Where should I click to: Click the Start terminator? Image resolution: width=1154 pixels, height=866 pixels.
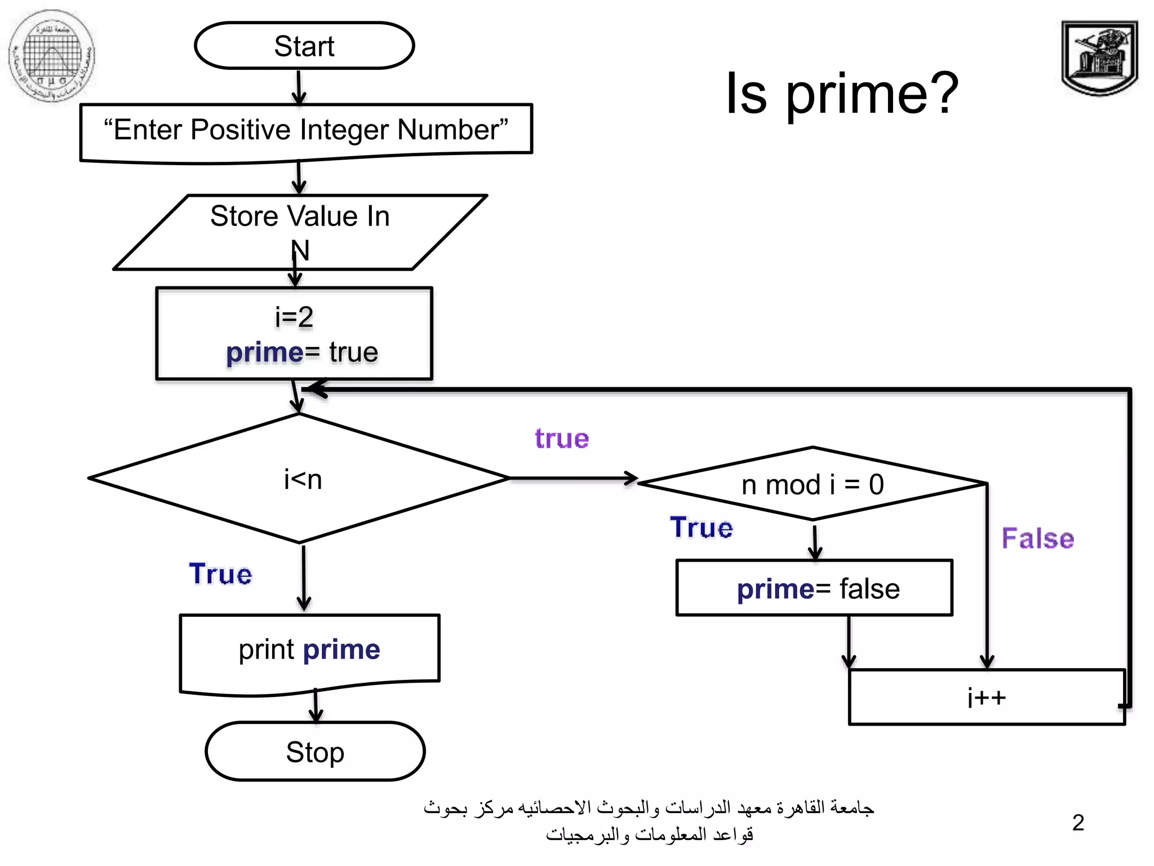tap(304, 46)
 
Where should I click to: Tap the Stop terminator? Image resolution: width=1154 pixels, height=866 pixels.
tap(315, 752)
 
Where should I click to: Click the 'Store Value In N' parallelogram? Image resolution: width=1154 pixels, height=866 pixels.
tap(300, 231)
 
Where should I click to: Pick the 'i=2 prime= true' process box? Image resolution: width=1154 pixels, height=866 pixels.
tap(294, 333)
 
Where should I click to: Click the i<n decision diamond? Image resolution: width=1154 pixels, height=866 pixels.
tap(299, 479)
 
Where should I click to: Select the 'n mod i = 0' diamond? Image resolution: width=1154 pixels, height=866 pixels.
tap(812, 484)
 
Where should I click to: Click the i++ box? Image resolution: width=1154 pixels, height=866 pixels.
tap(986, 697)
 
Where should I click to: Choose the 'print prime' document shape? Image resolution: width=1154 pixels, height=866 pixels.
tap(309, 651)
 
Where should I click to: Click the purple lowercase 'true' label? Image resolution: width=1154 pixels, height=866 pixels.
tap(562, 439)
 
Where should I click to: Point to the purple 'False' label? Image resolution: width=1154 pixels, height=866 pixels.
tap(1037, 538)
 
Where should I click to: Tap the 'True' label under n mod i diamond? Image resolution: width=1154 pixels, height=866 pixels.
tap(702, 528)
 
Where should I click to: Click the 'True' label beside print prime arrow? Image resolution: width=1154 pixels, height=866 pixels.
tap(220, 574)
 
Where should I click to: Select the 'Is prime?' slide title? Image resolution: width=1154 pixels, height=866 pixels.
tap(842, 93)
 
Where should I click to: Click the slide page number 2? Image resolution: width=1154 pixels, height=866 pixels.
tap(1078, 823)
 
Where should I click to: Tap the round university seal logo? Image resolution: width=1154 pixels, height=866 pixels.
tap(52, 56)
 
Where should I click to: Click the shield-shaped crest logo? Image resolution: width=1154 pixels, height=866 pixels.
tap(1099, 58)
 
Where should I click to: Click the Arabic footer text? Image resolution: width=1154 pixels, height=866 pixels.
tap(649, 821)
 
